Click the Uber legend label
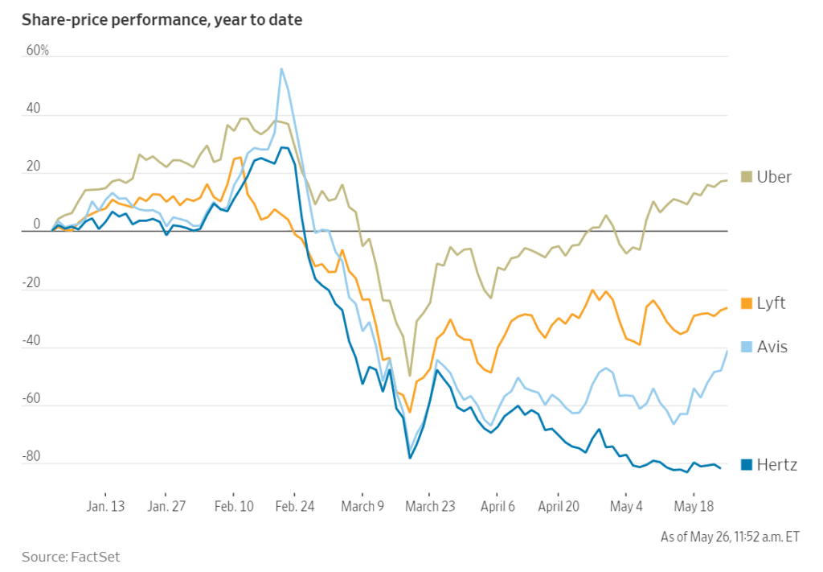point(774,177)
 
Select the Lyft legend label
point(771,303)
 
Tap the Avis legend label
point(772,347)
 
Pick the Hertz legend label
point(776,464)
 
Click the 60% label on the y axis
point(38,51)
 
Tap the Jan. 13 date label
point(106,507)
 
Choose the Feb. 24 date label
point(294,507)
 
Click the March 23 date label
point(429,507)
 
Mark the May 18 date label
point(694,507)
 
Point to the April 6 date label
point(497,507)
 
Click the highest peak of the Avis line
point(281,69)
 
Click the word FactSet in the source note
point(97,556)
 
